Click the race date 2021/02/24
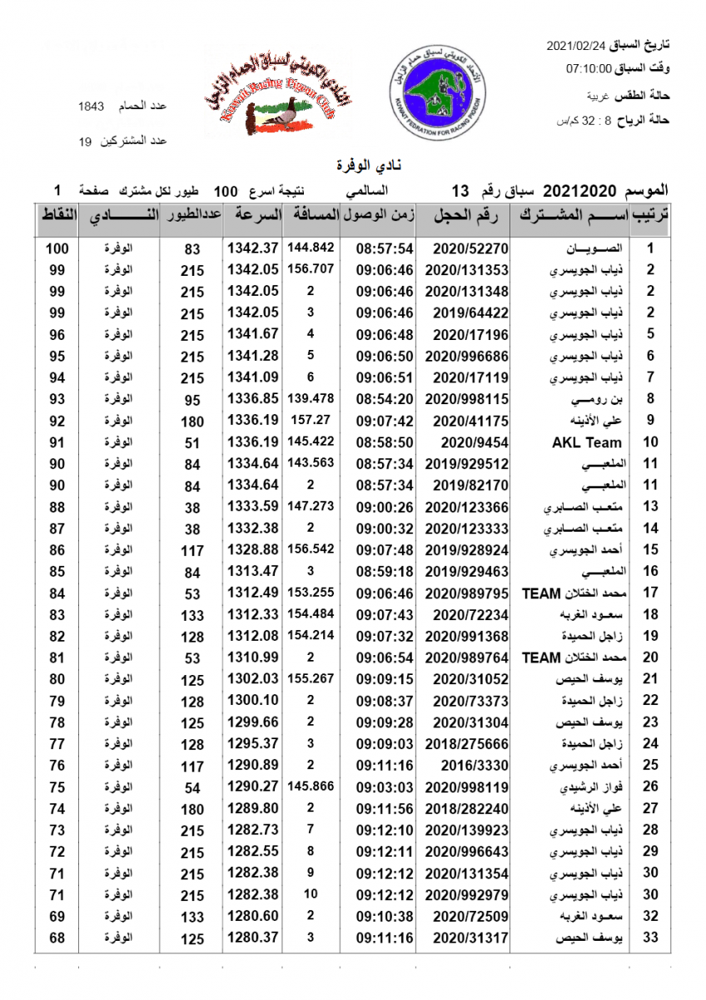pos(577,43)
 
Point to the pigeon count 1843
pos(91,107)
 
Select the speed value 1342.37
pos(251,248)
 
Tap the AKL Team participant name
pos(587,442)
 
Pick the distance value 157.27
pos(310,421)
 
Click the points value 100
pos(57,248)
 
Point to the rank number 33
pos(651,938)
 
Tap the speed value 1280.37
pos(251,938)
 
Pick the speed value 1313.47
pos(251,572)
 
